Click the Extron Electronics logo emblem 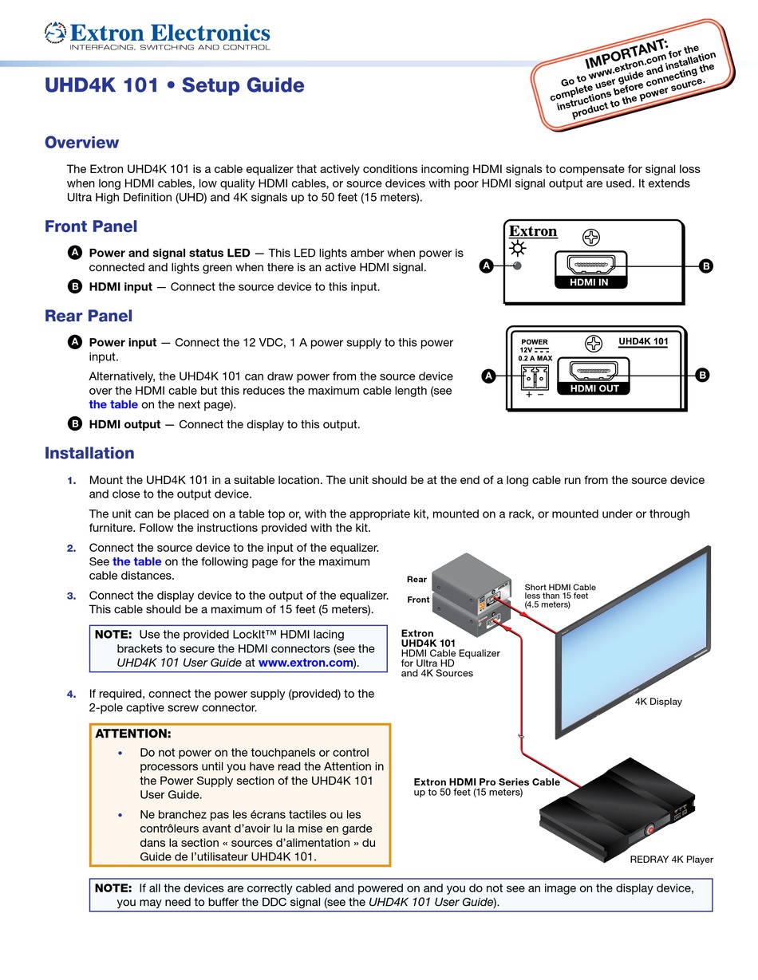pos(55,33)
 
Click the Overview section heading pos(81,142)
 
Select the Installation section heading pos(89,453)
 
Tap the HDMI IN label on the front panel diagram pos(589,282)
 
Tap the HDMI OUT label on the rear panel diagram pos(594,388)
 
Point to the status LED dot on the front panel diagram pos(518,266)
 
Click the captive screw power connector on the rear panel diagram pos(535,377)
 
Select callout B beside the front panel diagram pos(706,266)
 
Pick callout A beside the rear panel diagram pos(488,376)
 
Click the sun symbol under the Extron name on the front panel pos(518,249)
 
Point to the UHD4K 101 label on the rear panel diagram pos(643,341)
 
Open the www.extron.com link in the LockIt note pos(306,663)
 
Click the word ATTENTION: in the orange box pos(133,734)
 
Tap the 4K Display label pos(658,702)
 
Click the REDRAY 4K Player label pos(671,860)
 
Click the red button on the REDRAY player pos(649,829)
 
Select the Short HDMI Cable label pos(560,587)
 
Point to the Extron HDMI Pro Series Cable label pos(487,782)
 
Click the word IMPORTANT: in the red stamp pos(626,53)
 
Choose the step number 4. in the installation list pos(72,694)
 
